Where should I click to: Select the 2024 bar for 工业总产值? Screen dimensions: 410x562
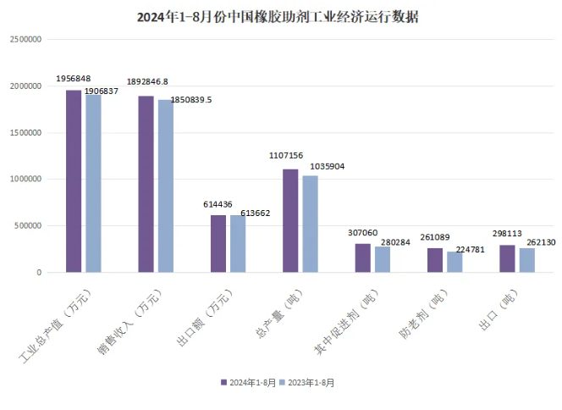(x=74, y=181)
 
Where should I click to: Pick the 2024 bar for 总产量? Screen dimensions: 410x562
(x=290, y=221)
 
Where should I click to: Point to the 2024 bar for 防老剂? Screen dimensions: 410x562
(x=434, y=260)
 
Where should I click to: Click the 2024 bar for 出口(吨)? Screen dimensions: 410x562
(x=507, y=258)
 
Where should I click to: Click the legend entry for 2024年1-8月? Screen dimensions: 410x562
(x=249, y=382)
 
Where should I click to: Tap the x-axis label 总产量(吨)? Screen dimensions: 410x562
(x=270, y=316)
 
